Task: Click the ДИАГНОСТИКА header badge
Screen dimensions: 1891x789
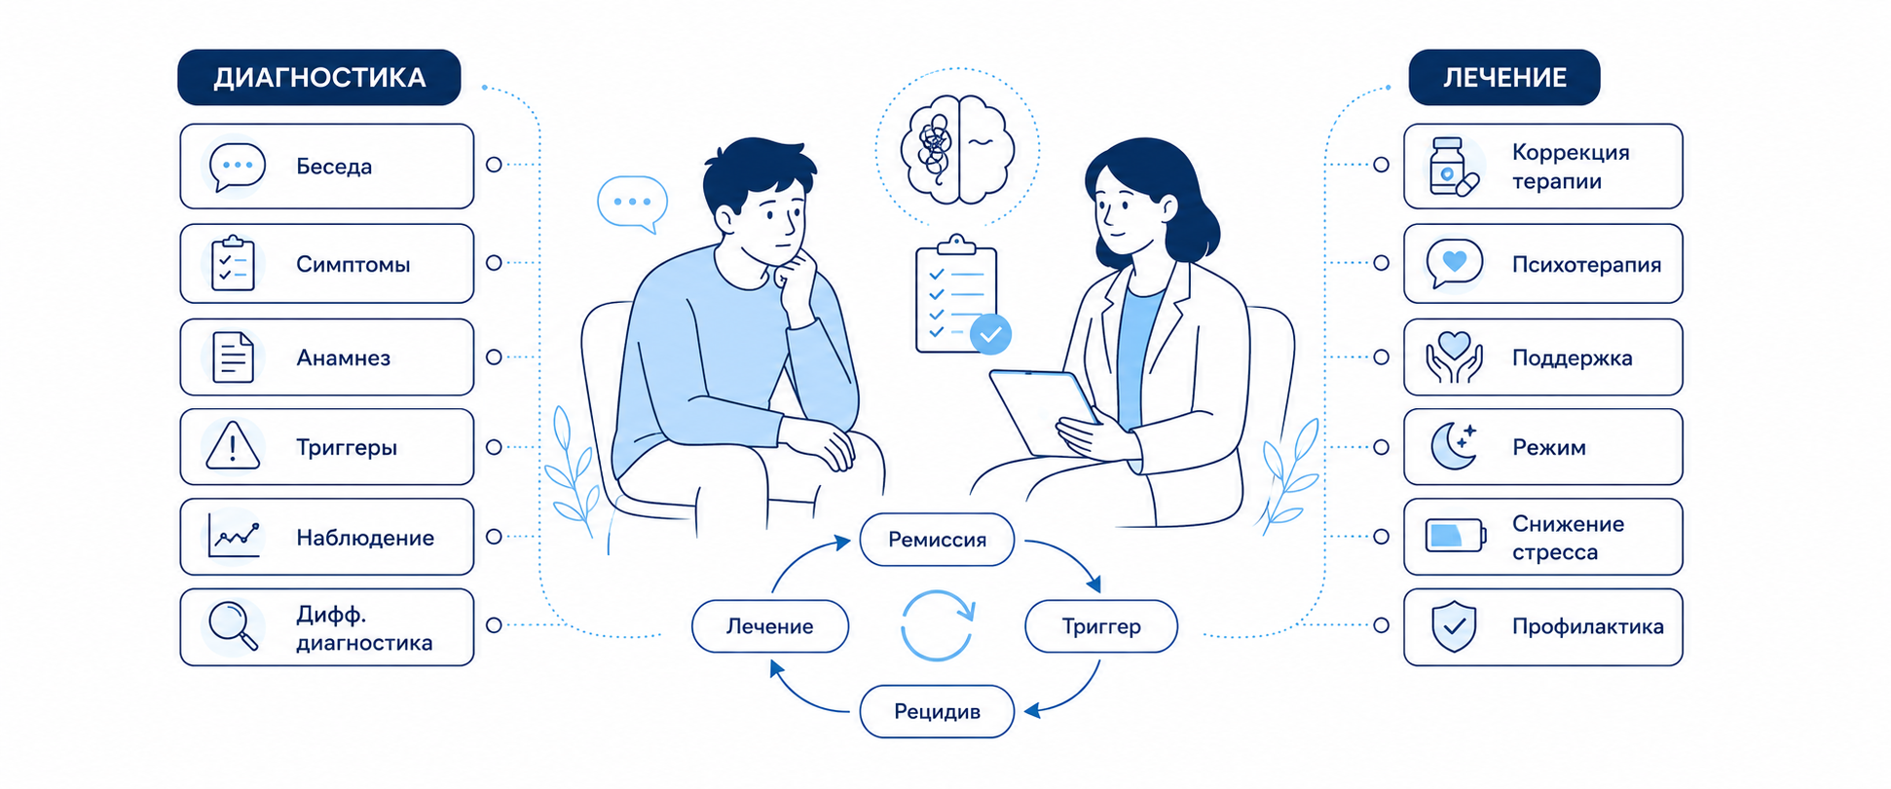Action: coord(319,77)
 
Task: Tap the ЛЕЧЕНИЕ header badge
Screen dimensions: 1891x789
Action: coord(1503,77)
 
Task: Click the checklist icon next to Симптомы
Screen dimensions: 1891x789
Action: coord(233,263)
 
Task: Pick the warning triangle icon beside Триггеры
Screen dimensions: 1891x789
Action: coord(233,446)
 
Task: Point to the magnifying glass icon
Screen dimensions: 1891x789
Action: coord(234,625)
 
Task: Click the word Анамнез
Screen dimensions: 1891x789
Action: coord(343,357)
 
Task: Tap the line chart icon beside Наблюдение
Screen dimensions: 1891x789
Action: coord(234,536)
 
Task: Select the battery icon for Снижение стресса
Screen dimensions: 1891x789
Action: coord(1456,536)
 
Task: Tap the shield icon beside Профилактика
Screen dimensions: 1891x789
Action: coord(1454,626)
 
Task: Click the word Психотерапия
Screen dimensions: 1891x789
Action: coord(1586,264)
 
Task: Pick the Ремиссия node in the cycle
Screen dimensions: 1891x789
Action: coord(937,540)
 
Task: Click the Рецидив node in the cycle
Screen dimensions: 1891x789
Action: coord(937,711)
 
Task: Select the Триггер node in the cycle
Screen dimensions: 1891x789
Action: coord(1101,626)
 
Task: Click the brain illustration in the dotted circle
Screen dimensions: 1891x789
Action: coord(958,148)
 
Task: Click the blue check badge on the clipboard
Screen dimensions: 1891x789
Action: coord(991,334)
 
